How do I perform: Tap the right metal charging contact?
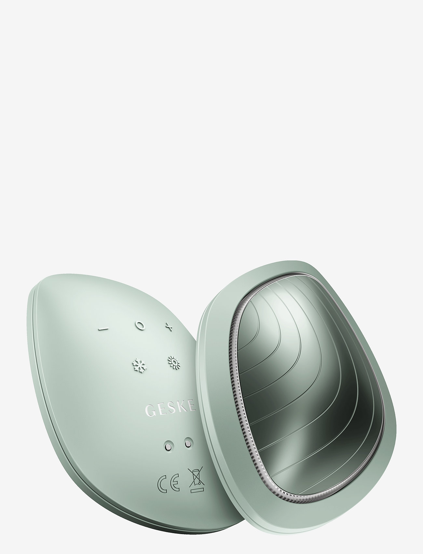coord(187,443)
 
